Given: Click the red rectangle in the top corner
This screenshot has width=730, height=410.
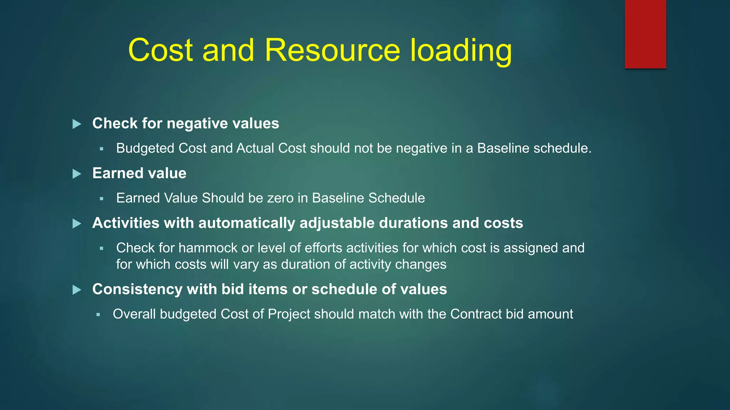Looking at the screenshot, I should pyautogui.click(x=645, y=34).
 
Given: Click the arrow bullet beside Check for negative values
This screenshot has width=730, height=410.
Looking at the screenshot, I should pyautogui.click(x=77, y=124).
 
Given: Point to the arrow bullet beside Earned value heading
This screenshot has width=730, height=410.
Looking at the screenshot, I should pyautogui.click(x=77, y=174).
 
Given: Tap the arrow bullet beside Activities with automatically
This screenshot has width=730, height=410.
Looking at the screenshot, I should pyautogui.click(x=77, y=224).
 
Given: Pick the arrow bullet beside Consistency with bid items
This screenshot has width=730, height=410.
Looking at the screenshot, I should pyautogui.click(x=77, y=290).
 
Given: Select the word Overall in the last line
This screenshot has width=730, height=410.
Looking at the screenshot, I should pyautogui.click(x=134, y=314).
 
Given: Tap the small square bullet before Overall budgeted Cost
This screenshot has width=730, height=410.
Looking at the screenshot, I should pyautogui.click(x=98, y=315).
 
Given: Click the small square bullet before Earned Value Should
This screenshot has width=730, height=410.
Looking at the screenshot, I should pyautogui.click(x=102, y=199).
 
